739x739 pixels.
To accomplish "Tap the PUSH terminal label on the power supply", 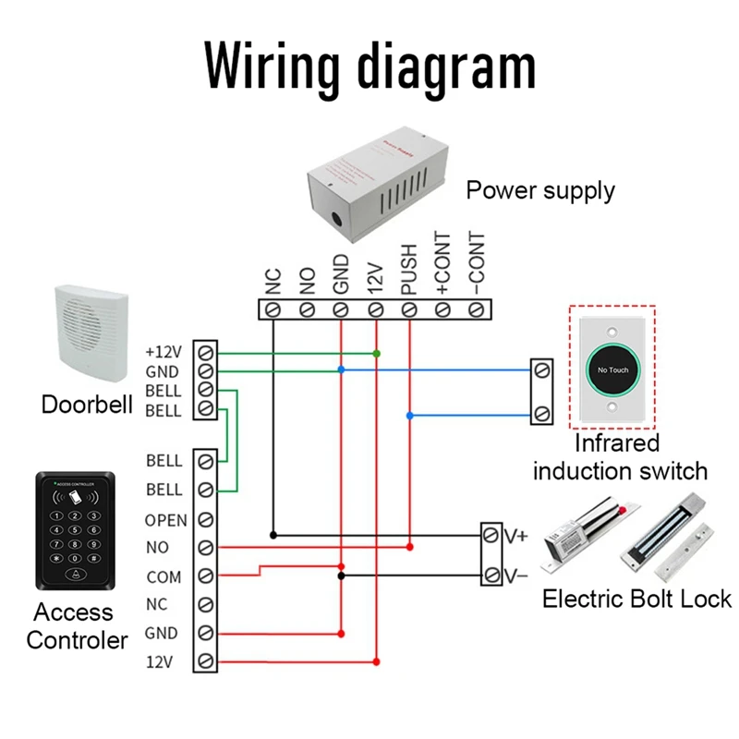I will (x=409, y=269).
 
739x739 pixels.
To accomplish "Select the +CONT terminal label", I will (x=442, y=264).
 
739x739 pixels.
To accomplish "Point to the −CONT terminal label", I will (x=477, y=264).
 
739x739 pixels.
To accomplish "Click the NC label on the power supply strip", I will (x=273, y=281).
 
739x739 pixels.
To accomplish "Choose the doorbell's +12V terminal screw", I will (x=206, y=353).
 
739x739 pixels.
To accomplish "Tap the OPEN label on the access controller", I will (x=166, y=520).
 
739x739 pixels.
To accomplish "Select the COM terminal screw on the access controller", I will (x=206, y=576).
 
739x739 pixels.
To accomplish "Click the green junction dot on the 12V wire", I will (x=376, y=354).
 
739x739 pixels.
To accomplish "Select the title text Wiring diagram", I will (x=369, y=67).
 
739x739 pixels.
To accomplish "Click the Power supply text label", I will (x=540, y=191).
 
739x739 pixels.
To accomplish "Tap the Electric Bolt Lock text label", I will (x=636, y=599).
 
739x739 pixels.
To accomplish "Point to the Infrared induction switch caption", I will (x=620, y=457).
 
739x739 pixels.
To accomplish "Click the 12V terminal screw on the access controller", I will (x=206, y=661).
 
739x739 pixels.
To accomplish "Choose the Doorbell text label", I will (x=87, y=405).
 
